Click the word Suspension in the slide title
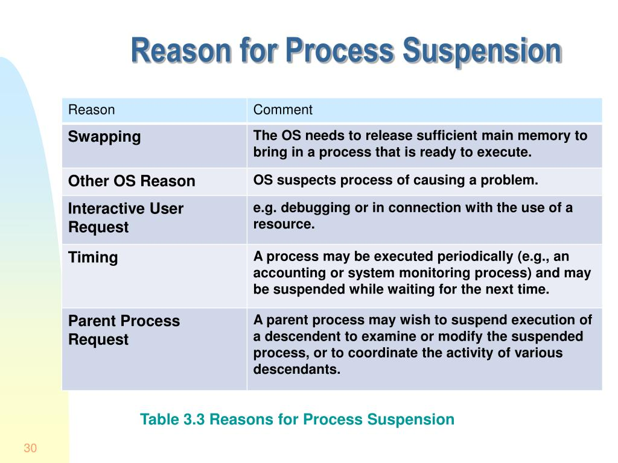(x=482, y=51)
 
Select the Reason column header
(x=92, y=110)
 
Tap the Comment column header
(x=282, y=110)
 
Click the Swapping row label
(x=104, y=137)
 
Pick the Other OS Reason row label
(x=132, y=181)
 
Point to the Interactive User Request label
(x=126, y=218)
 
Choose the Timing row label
(x=93, y=258)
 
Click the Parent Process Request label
(x=124, y=330)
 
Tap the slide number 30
(x=30, y=448)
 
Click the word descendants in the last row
(x=297, y=370)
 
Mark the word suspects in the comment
(x=307, y=181)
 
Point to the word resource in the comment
(x=284, y=224)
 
